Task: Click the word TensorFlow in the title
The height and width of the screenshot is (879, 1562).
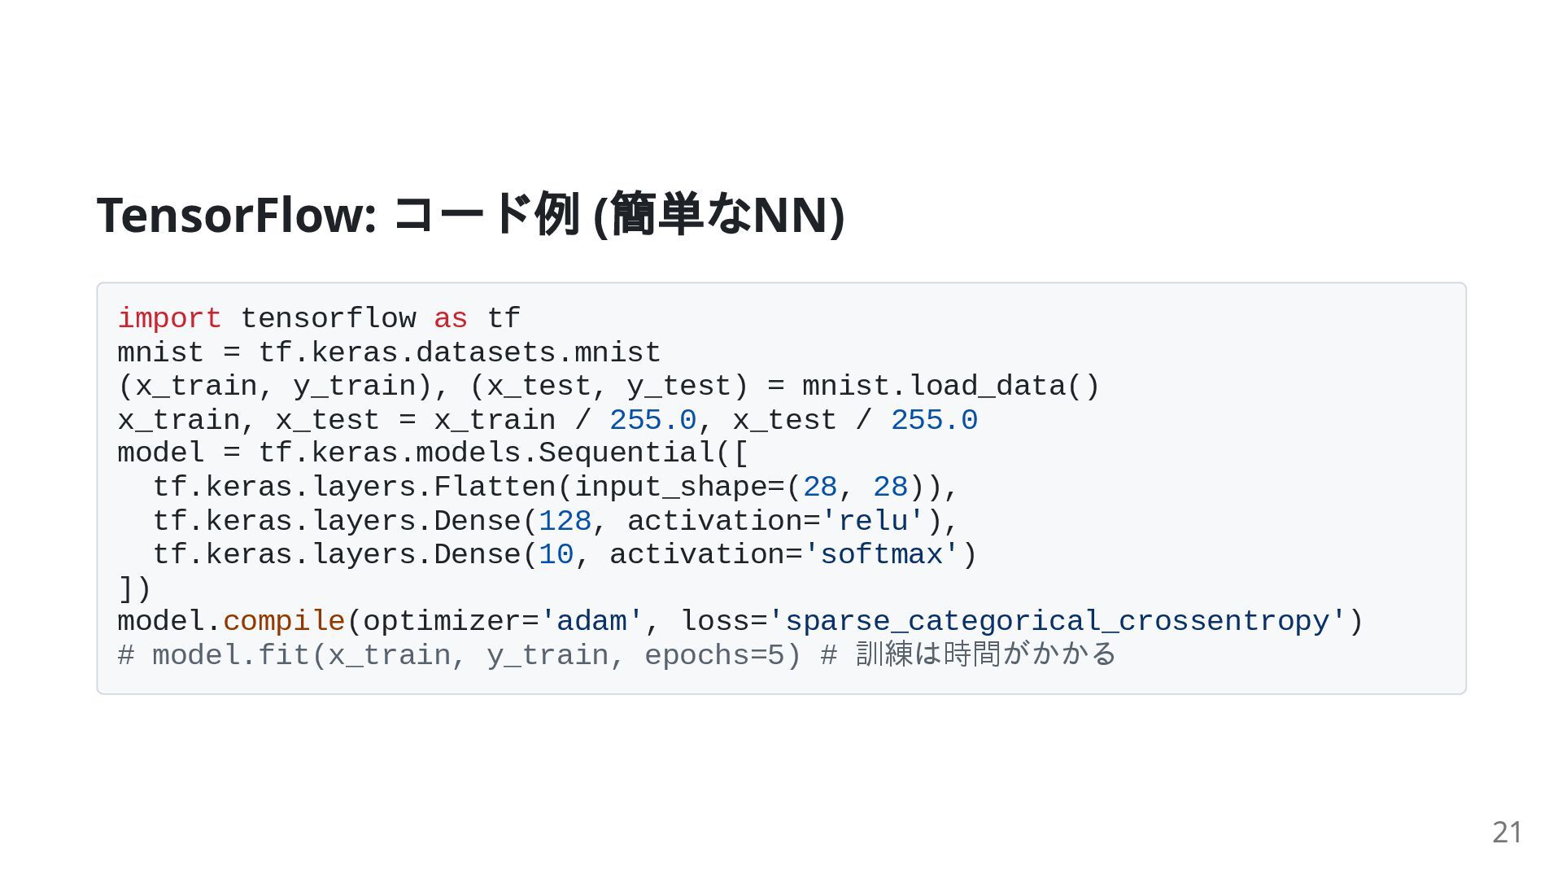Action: (235, 215)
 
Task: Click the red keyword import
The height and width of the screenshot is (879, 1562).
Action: (169, 318)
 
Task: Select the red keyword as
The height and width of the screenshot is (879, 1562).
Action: (450, 318)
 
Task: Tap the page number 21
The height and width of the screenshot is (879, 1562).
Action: (1507, 832)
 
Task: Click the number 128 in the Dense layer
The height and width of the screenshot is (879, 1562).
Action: (565, 521)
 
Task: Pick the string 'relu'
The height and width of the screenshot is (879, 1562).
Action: (873, 521)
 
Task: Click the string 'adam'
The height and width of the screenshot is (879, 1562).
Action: (591, 621)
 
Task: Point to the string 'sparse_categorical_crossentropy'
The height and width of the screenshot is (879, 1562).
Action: (1057, 621)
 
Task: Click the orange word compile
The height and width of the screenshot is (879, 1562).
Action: (284, 621)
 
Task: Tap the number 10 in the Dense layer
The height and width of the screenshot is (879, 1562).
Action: (556, 554)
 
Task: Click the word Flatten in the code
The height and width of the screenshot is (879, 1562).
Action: (495, 487)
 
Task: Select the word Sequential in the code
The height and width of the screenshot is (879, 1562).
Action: (626, 453)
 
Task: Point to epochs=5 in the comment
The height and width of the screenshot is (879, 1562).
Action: (714, 655)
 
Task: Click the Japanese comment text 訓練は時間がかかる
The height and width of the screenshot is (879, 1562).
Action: (986, 654)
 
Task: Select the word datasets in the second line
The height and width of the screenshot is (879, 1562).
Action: (486, 352)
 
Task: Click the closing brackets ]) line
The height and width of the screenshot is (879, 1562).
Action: (134, 588)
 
